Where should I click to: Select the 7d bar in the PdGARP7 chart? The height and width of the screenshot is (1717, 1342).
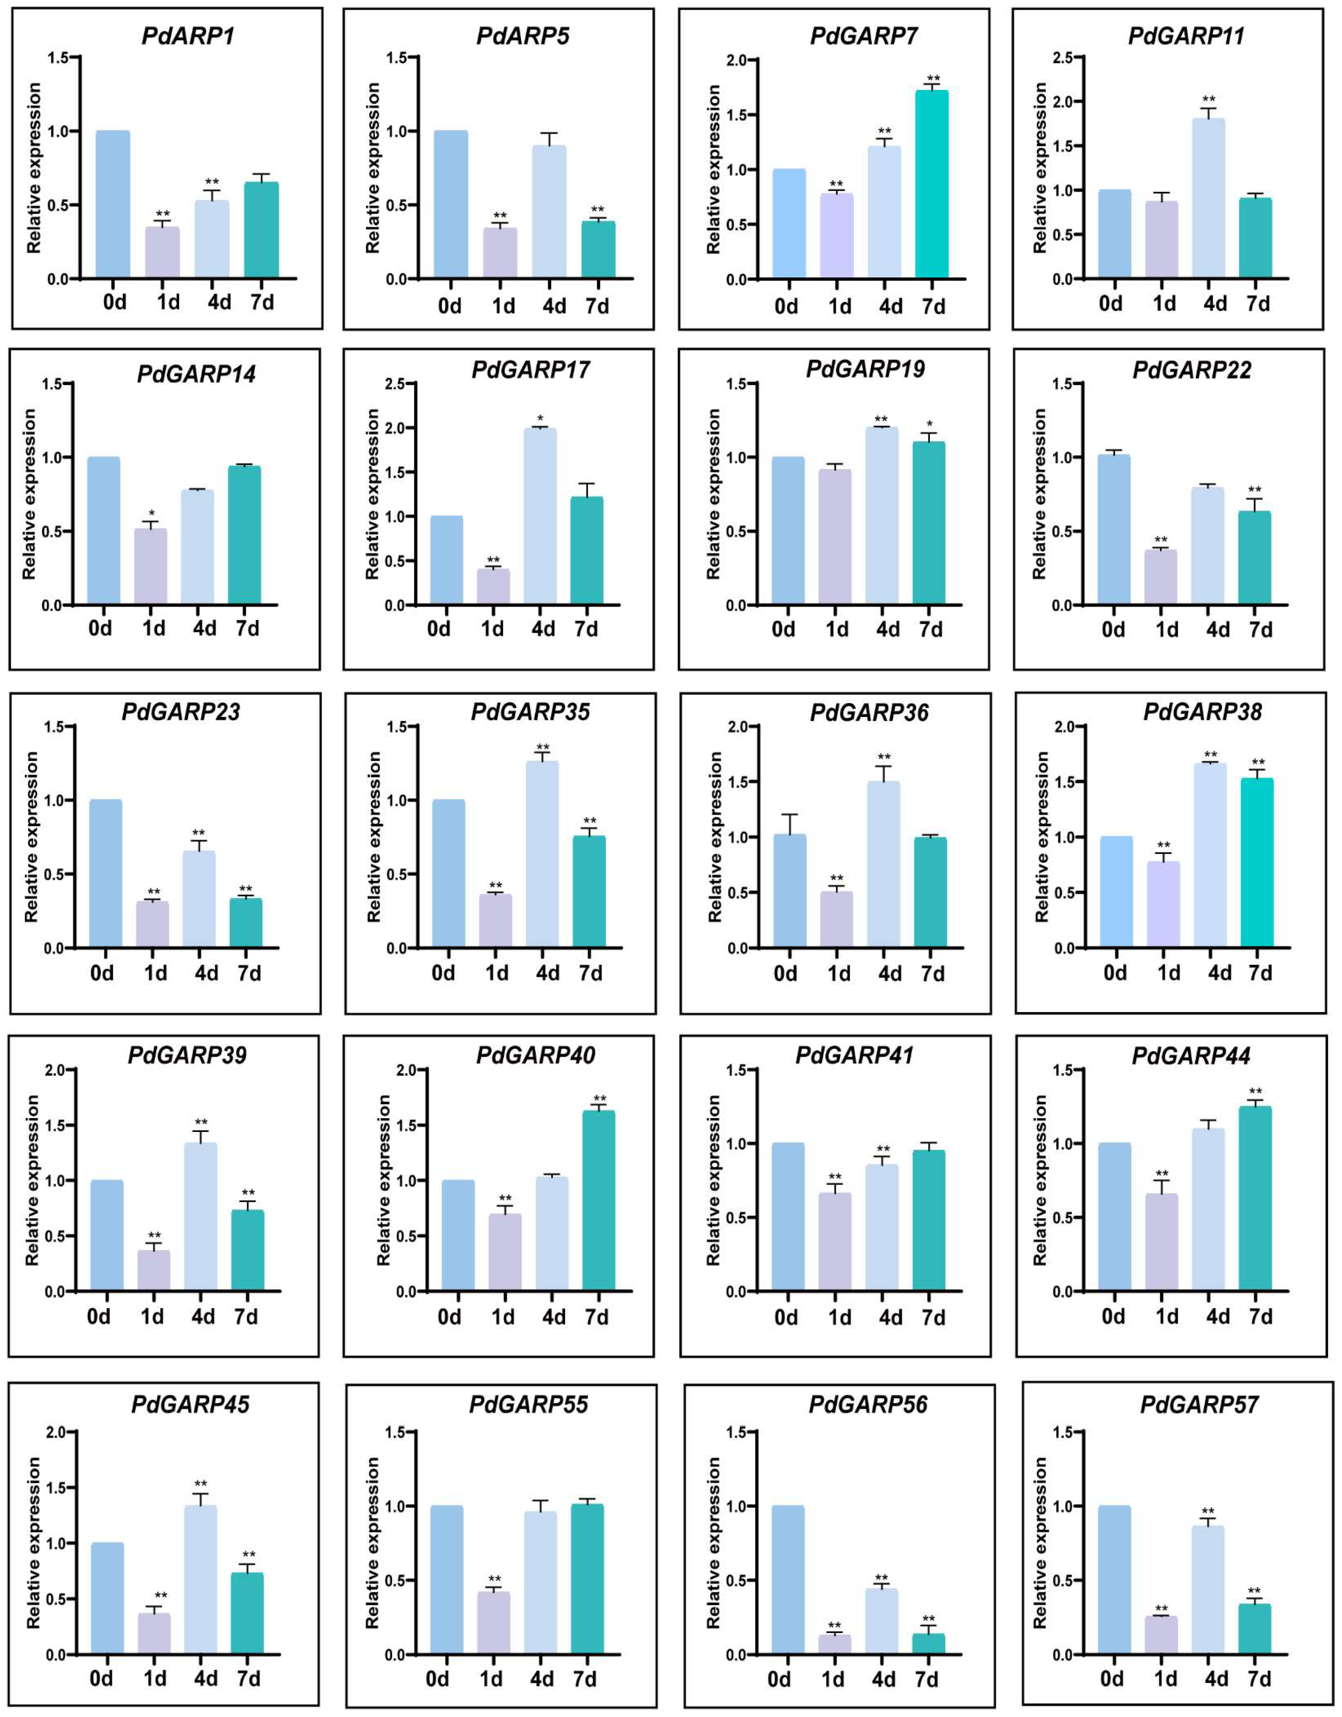932,185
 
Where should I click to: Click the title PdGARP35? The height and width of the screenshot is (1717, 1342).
530,712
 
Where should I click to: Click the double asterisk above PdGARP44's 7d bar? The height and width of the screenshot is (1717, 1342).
1256,1091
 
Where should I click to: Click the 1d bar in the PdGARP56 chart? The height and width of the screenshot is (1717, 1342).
834,1645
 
